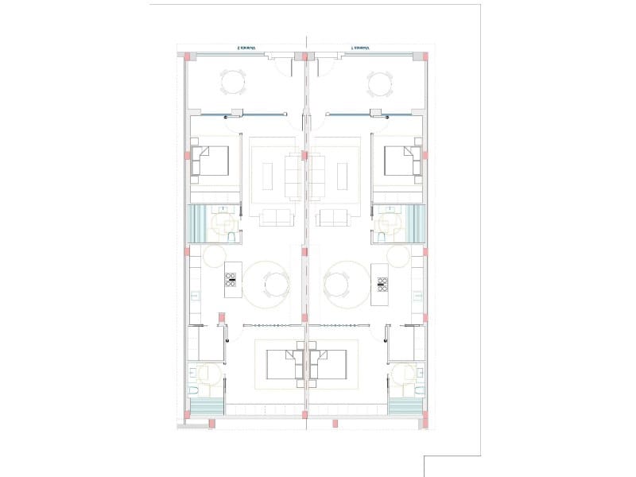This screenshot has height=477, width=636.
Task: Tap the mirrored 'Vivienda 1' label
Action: (362, 48)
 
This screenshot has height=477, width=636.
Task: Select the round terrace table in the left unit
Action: (233, 82)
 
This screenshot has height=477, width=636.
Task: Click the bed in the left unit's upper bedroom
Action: (211, 161)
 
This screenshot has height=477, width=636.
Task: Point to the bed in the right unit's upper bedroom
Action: (401, 161)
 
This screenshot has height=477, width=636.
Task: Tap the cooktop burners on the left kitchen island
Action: (231, 280)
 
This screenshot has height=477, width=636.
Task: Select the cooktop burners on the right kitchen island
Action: (382, 284)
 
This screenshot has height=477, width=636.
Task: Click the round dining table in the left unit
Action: (273, 283)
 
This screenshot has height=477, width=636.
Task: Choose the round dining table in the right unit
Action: (339, 283)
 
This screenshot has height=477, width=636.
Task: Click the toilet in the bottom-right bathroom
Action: (418, 393)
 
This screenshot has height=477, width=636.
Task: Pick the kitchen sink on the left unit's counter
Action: (195, 296)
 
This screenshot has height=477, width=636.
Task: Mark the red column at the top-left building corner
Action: (188, 56)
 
